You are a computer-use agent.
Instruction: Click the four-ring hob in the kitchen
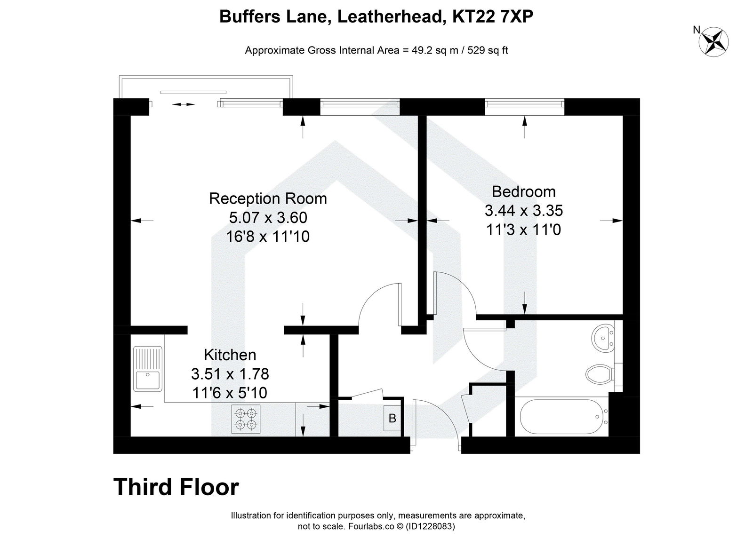[246, 419]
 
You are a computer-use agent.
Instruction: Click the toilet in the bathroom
[600, 375]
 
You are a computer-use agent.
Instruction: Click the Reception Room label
[268, 198]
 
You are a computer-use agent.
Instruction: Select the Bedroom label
[523, 192]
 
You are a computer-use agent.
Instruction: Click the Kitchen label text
[230, 355]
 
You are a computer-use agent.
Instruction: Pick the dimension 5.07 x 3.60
[268, 217]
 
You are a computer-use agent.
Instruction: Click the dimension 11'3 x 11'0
[523, 230]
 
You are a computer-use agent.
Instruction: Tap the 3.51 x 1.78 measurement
[230, 374]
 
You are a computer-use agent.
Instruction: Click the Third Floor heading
[176, 487]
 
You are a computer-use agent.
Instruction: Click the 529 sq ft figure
[486, 50]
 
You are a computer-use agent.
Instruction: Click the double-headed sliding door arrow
[184, 104]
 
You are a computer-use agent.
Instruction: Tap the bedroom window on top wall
[524, 103]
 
